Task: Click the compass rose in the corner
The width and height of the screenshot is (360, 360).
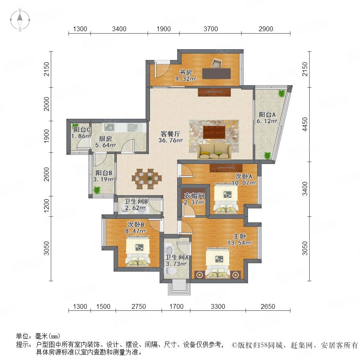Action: point(20,20)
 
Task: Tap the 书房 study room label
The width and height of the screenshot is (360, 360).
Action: point(186,72)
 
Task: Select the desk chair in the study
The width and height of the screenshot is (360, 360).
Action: point(216,63)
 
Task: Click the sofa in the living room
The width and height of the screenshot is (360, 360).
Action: point(214,152)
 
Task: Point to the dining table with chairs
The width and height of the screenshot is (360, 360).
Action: point(147,179)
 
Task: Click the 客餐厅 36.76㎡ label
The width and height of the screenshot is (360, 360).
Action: point(170,137)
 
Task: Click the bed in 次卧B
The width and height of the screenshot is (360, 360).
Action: point(138,252)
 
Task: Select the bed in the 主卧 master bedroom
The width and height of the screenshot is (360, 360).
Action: point(218,263)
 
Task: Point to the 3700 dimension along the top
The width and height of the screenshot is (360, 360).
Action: point(210,29)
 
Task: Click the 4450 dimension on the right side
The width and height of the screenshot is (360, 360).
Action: point(305,124)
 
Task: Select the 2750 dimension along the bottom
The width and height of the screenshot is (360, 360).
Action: point(139,306)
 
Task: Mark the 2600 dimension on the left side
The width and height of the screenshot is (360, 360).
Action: point(47,174)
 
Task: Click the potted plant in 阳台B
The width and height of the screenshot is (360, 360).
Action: point(97,190)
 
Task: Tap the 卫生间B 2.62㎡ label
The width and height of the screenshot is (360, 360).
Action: point(136,205)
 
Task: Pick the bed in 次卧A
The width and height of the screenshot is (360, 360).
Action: point(226,198)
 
